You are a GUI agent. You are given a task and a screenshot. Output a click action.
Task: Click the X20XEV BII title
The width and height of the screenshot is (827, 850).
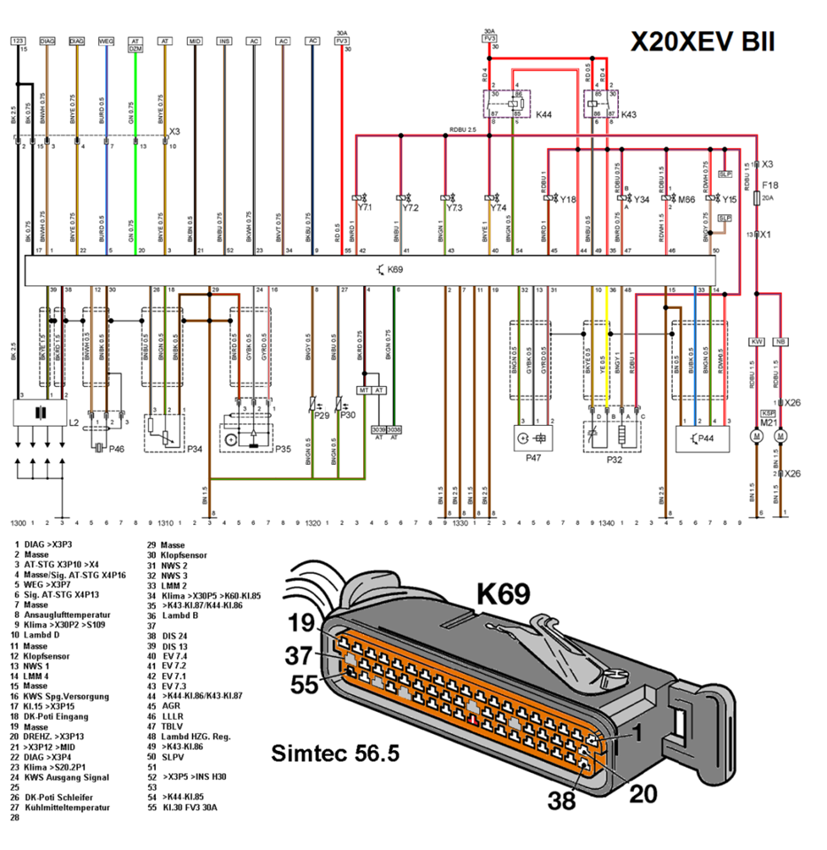[x=702, y=42]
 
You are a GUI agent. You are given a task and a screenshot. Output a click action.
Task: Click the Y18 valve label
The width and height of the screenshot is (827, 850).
[x=568, y=200]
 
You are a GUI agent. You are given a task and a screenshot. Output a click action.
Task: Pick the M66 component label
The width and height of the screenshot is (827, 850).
[x=686, y=200]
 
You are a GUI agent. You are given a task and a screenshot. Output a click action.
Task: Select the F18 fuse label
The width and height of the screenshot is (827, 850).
[x=770, y=185]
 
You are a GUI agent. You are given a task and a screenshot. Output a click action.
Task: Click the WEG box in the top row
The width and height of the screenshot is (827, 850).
[x=106, y=41]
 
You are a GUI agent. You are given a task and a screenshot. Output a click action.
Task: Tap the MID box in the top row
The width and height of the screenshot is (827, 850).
[x=195, y=41]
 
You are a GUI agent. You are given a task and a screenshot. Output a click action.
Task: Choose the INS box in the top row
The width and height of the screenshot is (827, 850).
[x=224, y=41]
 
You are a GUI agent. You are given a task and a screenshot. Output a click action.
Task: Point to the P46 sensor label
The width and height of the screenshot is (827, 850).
[x=117, y=449]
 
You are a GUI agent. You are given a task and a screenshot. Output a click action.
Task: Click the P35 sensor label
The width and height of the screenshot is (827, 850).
[x=282, y=449]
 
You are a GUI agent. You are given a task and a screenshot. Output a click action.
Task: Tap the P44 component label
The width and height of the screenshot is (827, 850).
[x=705, y=438]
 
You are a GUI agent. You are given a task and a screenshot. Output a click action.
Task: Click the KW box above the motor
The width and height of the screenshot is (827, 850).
[x=756, y=341]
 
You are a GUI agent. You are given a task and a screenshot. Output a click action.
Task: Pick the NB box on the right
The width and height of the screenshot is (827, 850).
[x=780, y=341]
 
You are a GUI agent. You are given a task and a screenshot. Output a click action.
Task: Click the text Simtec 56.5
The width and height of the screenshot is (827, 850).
[x=336, y=753]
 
